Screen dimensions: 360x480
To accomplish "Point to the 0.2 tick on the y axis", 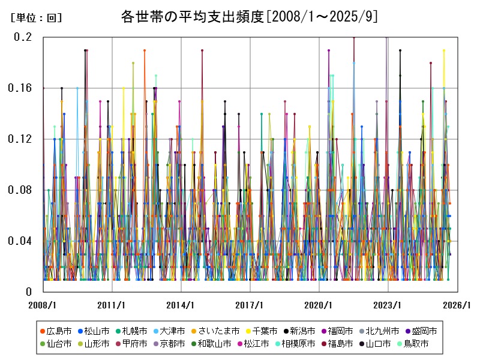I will (x=23, y=37).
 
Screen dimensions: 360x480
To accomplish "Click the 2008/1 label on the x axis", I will (x=43, y=305).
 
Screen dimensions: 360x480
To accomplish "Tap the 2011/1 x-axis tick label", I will (x=112, y=305).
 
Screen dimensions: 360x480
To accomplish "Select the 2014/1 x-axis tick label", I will (x=181, y=305).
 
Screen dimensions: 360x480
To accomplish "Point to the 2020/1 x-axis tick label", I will (x=319, y=305).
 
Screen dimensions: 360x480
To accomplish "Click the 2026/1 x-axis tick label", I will (x=457, y=305).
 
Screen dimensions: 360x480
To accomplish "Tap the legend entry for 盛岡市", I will (x=421, y=331).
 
